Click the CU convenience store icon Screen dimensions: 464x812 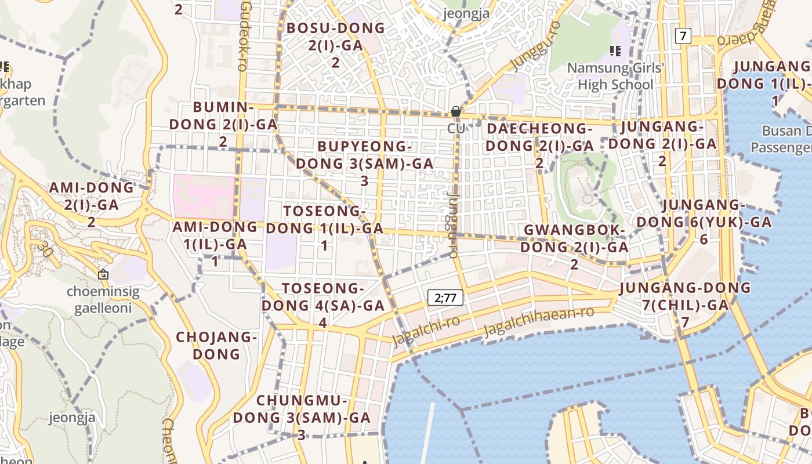pos(456,111)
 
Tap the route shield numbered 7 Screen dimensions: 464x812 pos(683,36)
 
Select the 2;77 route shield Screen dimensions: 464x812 pos(445,298)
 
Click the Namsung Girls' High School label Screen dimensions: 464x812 pos(615,77)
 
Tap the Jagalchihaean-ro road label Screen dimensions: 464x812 pos(539,320)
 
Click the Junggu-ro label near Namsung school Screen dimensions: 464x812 pos(535,45)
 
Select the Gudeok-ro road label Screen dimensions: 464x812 pos(246,36)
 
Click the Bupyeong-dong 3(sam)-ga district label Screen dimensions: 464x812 pos(364,164)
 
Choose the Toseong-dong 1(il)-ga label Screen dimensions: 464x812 pos(325,228)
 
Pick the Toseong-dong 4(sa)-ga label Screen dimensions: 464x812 pos(323,305)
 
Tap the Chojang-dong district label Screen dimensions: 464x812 pos(216,345)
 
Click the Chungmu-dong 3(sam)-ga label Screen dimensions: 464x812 pos(302,418)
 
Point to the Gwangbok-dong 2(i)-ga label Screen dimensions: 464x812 pos(574,247)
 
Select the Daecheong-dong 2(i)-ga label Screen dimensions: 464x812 pos(539,145)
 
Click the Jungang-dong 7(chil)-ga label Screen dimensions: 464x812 pos(685,304)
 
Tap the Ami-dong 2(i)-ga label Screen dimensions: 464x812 pos(92,204)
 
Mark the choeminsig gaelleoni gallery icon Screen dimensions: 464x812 pos(103,274)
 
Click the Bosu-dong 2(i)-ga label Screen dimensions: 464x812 pos(336,45)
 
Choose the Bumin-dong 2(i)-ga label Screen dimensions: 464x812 pos(223,124)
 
